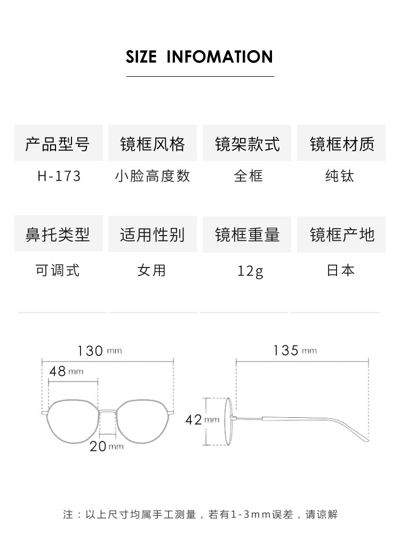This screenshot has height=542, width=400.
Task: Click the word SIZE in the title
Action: pos(141,56)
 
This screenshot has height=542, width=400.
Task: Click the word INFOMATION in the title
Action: pos(220,56)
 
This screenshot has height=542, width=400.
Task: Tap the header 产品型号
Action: pos(58,144)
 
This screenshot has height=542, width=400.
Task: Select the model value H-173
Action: pos(59,176)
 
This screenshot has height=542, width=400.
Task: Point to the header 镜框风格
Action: pos(153,144)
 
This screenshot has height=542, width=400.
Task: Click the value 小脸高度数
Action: pos(153,176)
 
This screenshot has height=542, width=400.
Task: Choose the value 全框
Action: pos(248,176)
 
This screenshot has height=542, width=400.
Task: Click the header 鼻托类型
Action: pos(58,234)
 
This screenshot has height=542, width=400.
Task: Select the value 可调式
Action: pos(58,270)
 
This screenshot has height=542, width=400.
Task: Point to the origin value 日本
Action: pos(340,270)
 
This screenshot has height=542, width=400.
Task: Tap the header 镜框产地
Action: pos(342,234)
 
